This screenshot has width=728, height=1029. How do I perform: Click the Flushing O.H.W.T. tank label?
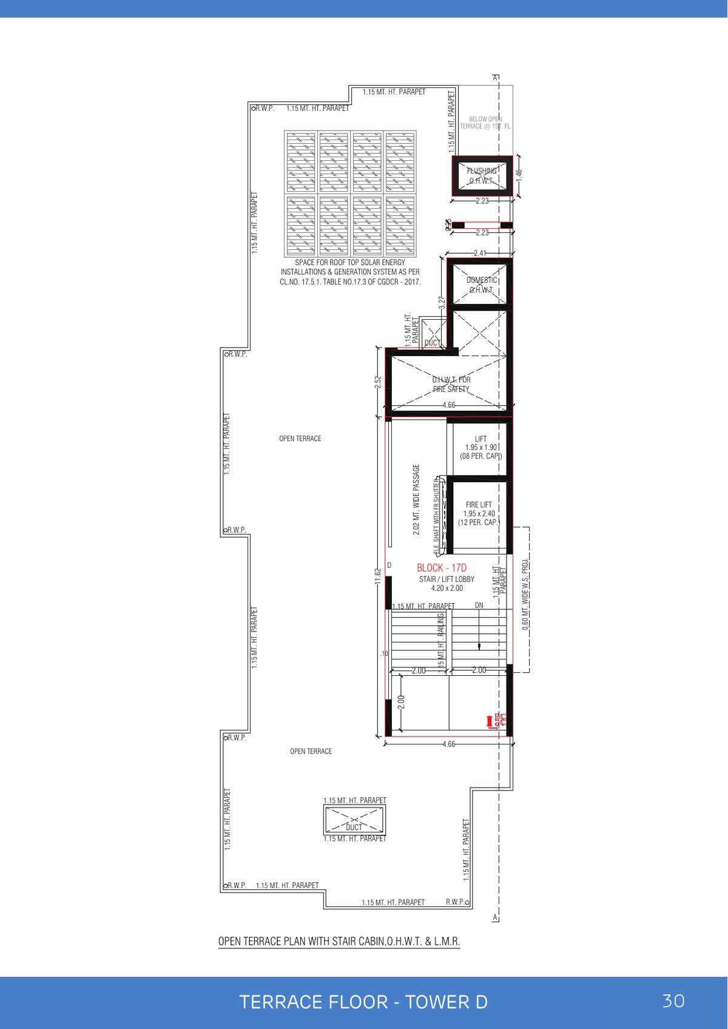[x=482, y=176]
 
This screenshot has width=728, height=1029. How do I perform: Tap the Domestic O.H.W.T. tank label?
[x=482, y=285]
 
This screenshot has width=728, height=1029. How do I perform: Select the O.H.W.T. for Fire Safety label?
[x=451, y=384]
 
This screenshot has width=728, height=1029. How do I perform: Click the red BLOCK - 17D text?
[x=442, y=568]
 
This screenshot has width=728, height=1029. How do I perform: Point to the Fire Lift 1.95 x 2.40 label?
[x=479, y=513]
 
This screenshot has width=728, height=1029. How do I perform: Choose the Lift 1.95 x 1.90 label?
[x=480, y=447]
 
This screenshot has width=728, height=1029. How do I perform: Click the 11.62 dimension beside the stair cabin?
[x=377, y=576]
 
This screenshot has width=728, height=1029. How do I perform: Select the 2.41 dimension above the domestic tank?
[x=480, y=253]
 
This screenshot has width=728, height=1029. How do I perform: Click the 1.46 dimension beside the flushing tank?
[x=519, y=173]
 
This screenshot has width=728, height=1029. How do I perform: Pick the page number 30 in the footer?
[x=673, y=1000]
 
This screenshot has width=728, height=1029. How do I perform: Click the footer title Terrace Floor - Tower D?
[x=363, y=1002]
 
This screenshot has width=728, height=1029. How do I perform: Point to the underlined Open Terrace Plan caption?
[x=339, y=942]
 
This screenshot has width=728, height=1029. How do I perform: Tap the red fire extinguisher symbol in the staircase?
[x=490, y=722]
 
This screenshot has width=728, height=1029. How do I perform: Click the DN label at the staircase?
[x=479, y=606]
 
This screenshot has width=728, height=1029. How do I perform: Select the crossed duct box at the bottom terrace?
[x=354, y=820]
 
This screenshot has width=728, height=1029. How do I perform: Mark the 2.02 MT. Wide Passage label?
[x=416, y=499]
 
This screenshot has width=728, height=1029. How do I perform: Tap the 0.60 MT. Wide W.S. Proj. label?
[x=525, y=595]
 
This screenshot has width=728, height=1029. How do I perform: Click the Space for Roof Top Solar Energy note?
[x=350, y=272]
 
